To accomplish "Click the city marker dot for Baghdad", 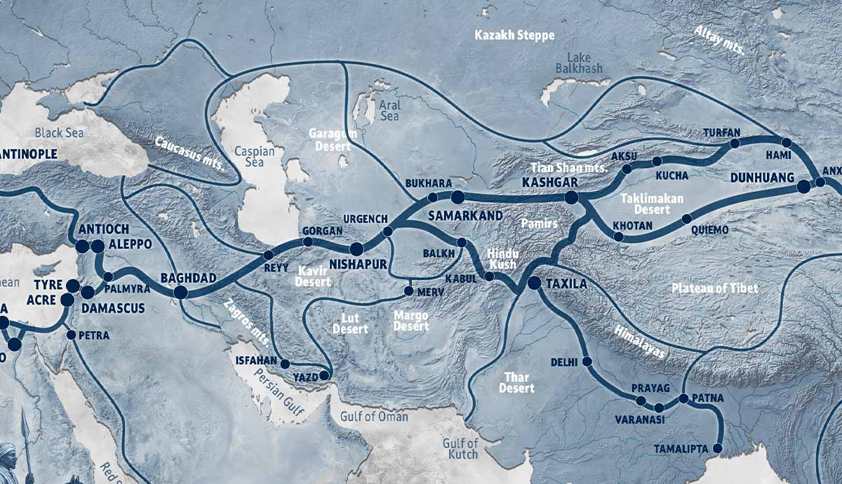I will [180, 293].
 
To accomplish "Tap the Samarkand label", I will [465, 215].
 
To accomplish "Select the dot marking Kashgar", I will [571, 198].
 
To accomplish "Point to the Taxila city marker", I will [533, 283].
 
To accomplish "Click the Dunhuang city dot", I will [803, 186].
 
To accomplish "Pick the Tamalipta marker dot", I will [718, 448].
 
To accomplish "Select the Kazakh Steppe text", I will [514, 35].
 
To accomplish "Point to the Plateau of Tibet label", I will [714, 288].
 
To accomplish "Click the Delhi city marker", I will [587, 362].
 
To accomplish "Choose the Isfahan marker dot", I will [286, 363].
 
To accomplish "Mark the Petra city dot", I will [71, 335].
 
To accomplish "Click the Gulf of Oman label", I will [373, 417].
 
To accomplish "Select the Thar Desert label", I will [516, 382].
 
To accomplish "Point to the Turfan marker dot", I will [735, 143].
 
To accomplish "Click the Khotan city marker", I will [618, 237].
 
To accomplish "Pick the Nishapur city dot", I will [356, 249].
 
